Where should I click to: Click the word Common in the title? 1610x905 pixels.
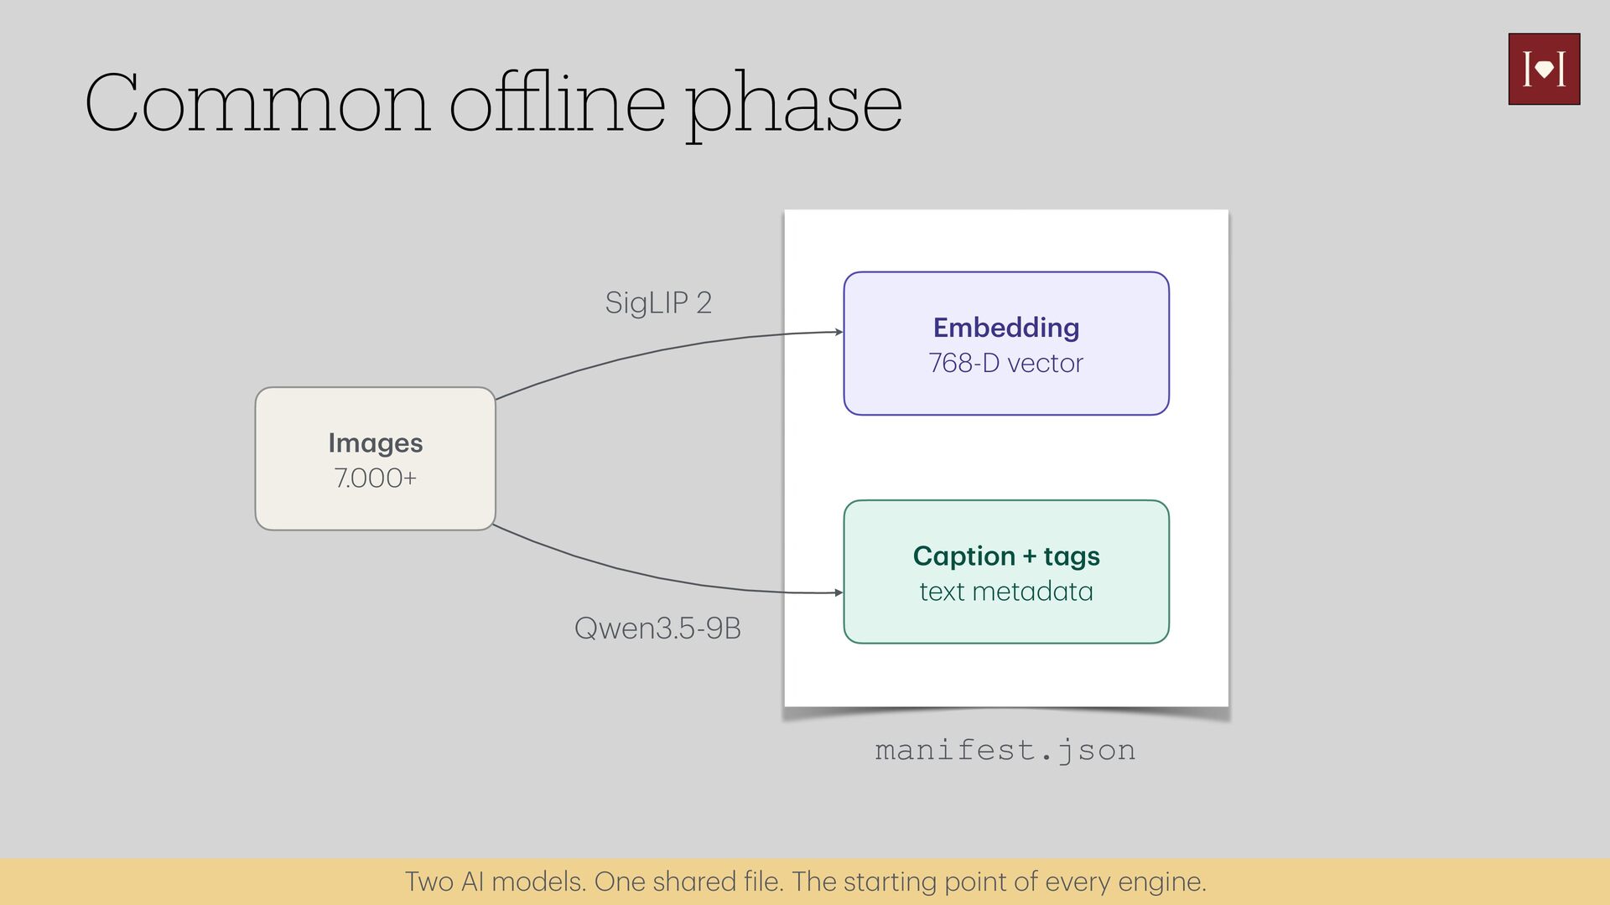(258, 103)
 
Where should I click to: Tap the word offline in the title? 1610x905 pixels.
(558, 101)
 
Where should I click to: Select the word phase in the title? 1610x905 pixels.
(794, 107)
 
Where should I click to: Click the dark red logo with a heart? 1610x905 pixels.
(1544, 69)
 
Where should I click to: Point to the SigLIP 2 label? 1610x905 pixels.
(658, 303)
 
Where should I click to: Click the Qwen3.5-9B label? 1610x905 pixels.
(657, 628)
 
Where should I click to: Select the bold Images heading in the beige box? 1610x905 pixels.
(376, 443)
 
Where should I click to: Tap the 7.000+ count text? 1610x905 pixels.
(376, 478)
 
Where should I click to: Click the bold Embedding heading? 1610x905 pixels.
(1006, 328)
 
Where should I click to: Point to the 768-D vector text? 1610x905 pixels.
(1006, 363)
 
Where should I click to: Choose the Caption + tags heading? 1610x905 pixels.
(1006, 556)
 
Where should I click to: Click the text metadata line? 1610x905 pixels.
(1006, 592)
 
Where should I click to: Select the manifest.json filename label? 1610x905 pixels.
(1005, 750)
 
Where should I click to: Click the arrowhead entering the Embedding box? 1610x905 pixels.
(839, 332)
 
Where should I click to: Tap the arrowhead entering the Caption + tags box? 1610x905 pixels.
(839, 592)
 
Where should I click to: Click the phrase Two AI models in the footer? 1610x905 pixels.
(496, 882)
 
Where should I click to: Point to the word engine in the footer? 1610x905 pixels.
(1162, 882)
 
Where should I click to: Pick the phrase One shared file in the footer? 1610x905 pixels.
(689, 882)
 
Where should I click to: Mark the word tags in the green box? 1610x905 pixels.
(1072, 557)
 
